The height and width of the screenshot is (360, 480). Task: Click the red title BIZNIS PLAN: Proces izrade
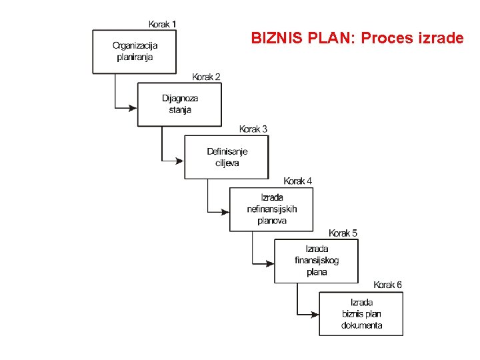[357, 38]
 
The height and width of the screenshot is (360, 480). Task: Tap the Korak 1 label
[162, 25]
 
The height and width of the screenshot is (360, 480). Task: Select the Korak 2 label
[206, 77]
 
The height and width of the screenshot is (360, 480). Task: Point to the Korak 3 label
[253, 129]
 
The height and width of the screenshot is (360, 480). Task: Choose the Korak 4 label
[297, 181]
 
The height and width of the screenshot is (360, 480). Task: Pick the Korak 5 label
[343, 233]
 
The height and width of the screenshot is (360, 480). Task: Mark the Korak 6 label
[387, 285]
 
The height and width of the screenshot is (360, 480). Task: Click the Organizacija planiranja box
[135, 51]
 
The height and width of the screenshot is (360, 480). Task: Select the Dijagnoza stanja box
[179, 104]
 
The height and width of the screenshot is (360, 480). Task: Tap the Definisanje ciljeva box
[227, 157]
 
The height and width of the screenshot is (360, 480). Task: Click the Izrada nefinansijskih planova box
[271, 209]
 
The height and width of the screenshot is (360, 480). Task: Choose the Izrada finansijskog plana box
[316, 261]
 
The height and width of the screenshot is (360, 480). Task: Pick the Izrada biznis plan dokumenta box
[361, 313]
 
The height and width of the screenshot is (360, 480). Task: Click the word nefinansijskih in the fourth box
[271, 209]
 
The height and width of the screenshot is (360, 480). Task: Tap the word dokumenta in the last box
[361, 325]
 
